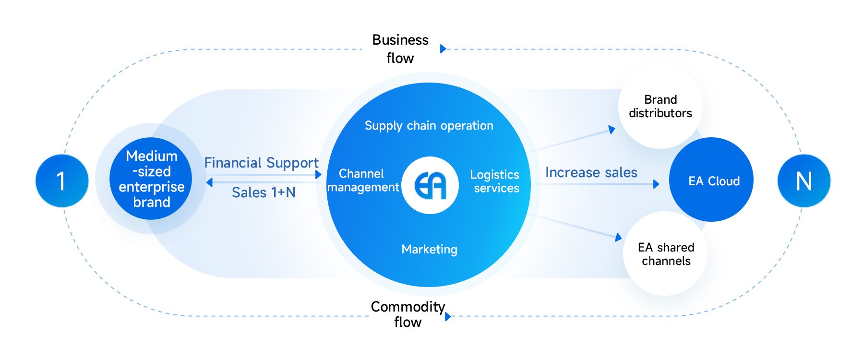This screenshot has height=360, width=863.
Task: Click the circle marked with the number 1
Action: point(62,181)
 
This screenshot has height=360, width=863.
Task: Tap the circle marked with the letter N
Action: point(803,181)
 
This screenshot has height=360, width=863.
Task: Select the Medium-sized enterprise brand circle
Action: point(151,179)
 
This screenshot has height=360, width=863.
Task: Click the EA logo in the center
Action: point(430,185)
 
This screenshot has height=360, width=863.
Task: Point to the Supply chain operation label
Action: point(429,126)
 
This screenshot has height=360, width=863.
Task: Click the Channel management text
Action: point(363,180)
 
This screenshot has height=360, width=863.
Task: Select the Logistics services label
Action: point(495,181)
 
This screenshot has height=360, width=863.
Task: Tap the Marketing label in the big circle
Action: point(429,250)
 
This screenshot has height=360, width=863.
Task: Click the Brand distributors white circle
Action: point(660,107)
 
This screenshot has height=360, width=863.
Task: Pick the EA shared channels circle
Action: point(666,254)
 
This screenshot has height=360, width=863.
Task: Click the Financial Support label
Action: point(261,163)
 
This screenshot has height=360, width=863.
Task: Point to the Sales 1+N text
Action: point(264,192)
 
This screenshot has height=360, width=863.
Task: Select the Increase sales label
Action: point(591,172)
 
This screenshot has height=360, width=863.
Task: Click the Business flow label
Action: point(400,49)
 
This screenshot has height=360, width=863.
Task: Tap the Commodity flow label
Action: point(408,314)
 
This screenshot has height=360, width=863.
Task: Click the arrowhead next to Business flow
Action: point(443,48)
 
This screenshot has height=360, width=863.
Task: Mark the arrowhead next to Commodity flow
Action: point(447,316)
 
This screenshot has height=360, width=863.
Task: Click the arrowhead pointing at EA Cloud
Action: point(656,184)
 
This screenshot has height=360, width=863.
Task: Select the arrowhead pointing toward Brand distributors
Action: point(612,129)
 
